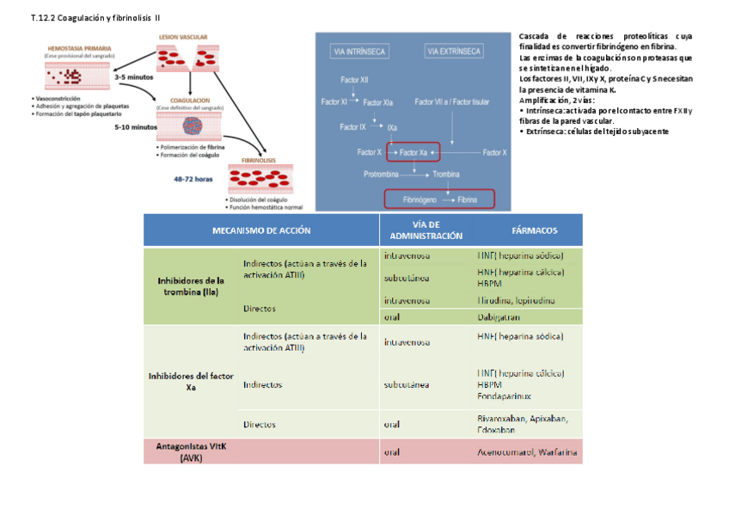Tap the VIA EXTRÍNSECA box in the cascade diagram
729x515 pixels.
tap(453, 52)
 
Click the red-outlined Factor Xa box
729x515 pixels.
tap(414, 152)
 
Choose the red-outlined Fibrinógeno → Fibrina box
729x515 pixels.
tap(439, 199)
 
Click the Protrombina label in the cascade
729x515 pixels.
tap(383, 175)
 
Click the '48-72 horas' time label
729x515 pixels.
tap(193, 179)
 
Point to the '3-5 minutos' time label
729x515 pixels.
tap(133, 77)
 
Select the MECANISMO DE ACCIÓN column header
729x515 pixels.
tap(261, 230)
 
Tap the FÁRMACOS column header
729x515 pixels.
tap(535, 230)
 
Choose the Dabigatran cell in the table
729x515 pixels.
tap(501, 316)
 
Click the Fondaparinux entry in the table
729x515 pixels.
tap(504, 396)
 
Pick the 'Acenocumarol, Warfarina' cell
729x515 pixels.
tap(527, 451)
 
